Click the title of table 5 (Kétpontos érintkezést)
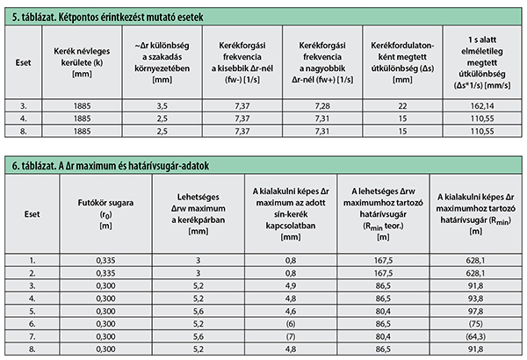click(107, 18)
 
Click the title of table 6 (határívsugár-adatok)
click(111, 166)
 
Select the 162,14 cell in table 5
click(482, 106)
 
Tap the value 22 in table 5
click(402, 106)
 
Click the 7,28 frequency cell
click(322, 106)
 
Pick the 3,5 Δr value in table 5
click(162, 106)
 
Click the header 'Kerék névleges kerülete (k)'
click(82, 62)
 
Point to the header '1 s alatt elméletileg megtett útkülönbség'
click(482, 62)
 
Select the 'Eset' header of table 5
click(23, 62)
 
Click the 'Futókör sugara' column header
click(105, 214)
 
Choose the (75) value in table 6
click(475, 324)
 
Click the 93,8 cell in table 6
click(475, 299)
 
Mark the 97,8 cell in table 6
click(475, 311)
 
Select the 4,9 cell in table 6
click(291, 285)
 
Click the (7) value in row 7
click(291, 336)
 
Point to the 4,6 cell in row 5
click(291, 311)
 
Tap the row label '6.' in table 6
click(32, 324)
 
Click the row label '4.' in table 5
click(23, 119)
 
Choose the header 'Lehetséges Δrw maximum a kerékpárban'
click(199, 214)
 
